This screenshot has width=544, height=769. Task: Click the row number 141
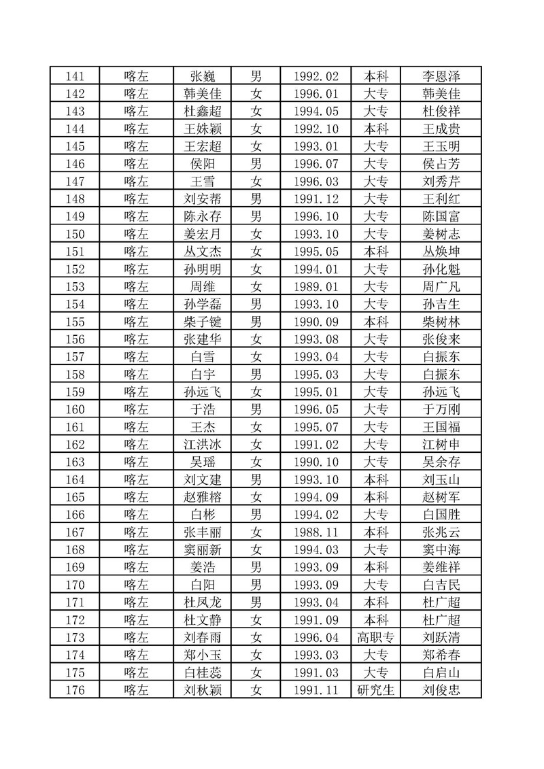coord(74,76)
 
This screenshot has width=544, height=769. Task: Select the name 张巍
coord(203,76)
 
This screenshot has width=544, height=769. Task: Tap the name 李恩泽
coord(441,76)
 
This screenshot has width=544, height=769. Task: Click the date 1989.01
coord(317,286)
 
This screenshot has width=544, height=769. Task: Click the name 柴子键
coord(203,321)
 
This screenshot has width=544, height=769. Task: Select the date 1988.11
coord(317,532)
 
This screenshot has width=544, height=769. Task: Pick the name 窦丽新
coord(203,550)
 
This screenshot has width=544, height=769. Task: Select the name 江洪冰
coord(203,444)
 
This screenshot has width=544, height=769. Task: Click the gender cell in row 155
coord(256,321)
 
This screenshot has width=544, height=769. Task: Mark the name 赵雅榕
coord(203,497)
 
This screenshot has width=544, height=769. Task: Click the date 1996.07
coord(317,163)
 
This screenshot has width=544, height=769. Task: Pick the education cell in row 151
coord(375,250)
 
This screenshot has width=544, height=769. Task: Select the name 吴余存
coord(441,462)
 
